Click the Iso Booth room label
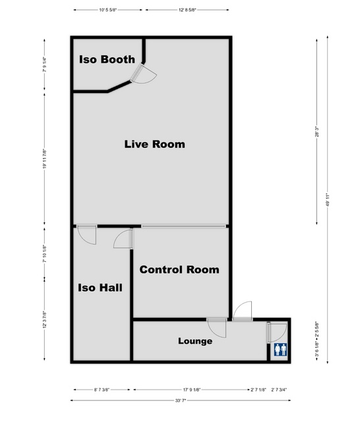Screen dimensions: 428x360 click(107, 59)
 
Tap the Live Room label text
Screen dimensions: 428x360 click(154, 144)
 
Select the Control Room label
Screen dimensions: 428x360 click(179, 270)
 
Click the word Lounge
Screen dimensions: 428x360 click(195, 341)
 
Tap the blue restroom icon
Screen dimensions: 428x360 click(280, 350)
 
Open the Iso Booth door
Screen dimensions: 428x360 click(144, 75)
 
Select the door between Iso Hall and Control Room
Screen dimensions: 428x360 click(125, 239)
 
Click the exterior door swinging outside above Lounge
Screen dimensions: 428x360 click(241, 311)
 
